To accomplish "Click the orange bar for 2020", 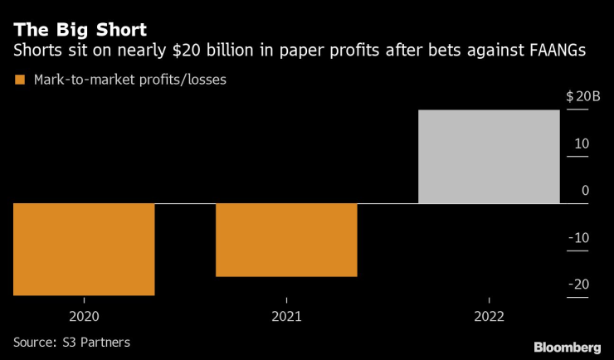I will pos(84,249).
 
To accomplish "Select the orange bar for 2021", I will pos(286,240).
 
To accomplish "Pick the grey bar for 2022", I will pos(489,156).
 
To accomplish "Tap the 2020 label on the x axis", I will pos(85,316).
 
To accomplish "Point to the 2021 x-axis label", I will pos(286,316).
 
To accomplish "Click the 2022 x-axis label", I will pos(489,316).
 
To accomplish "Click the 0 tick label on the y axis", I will pos(585,190).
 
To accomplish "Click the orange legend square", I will pos(18,80).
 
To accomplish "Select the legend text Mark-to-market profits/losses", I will pos(129,80).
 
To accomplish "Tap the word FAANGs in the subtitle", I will pos(558,52).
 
